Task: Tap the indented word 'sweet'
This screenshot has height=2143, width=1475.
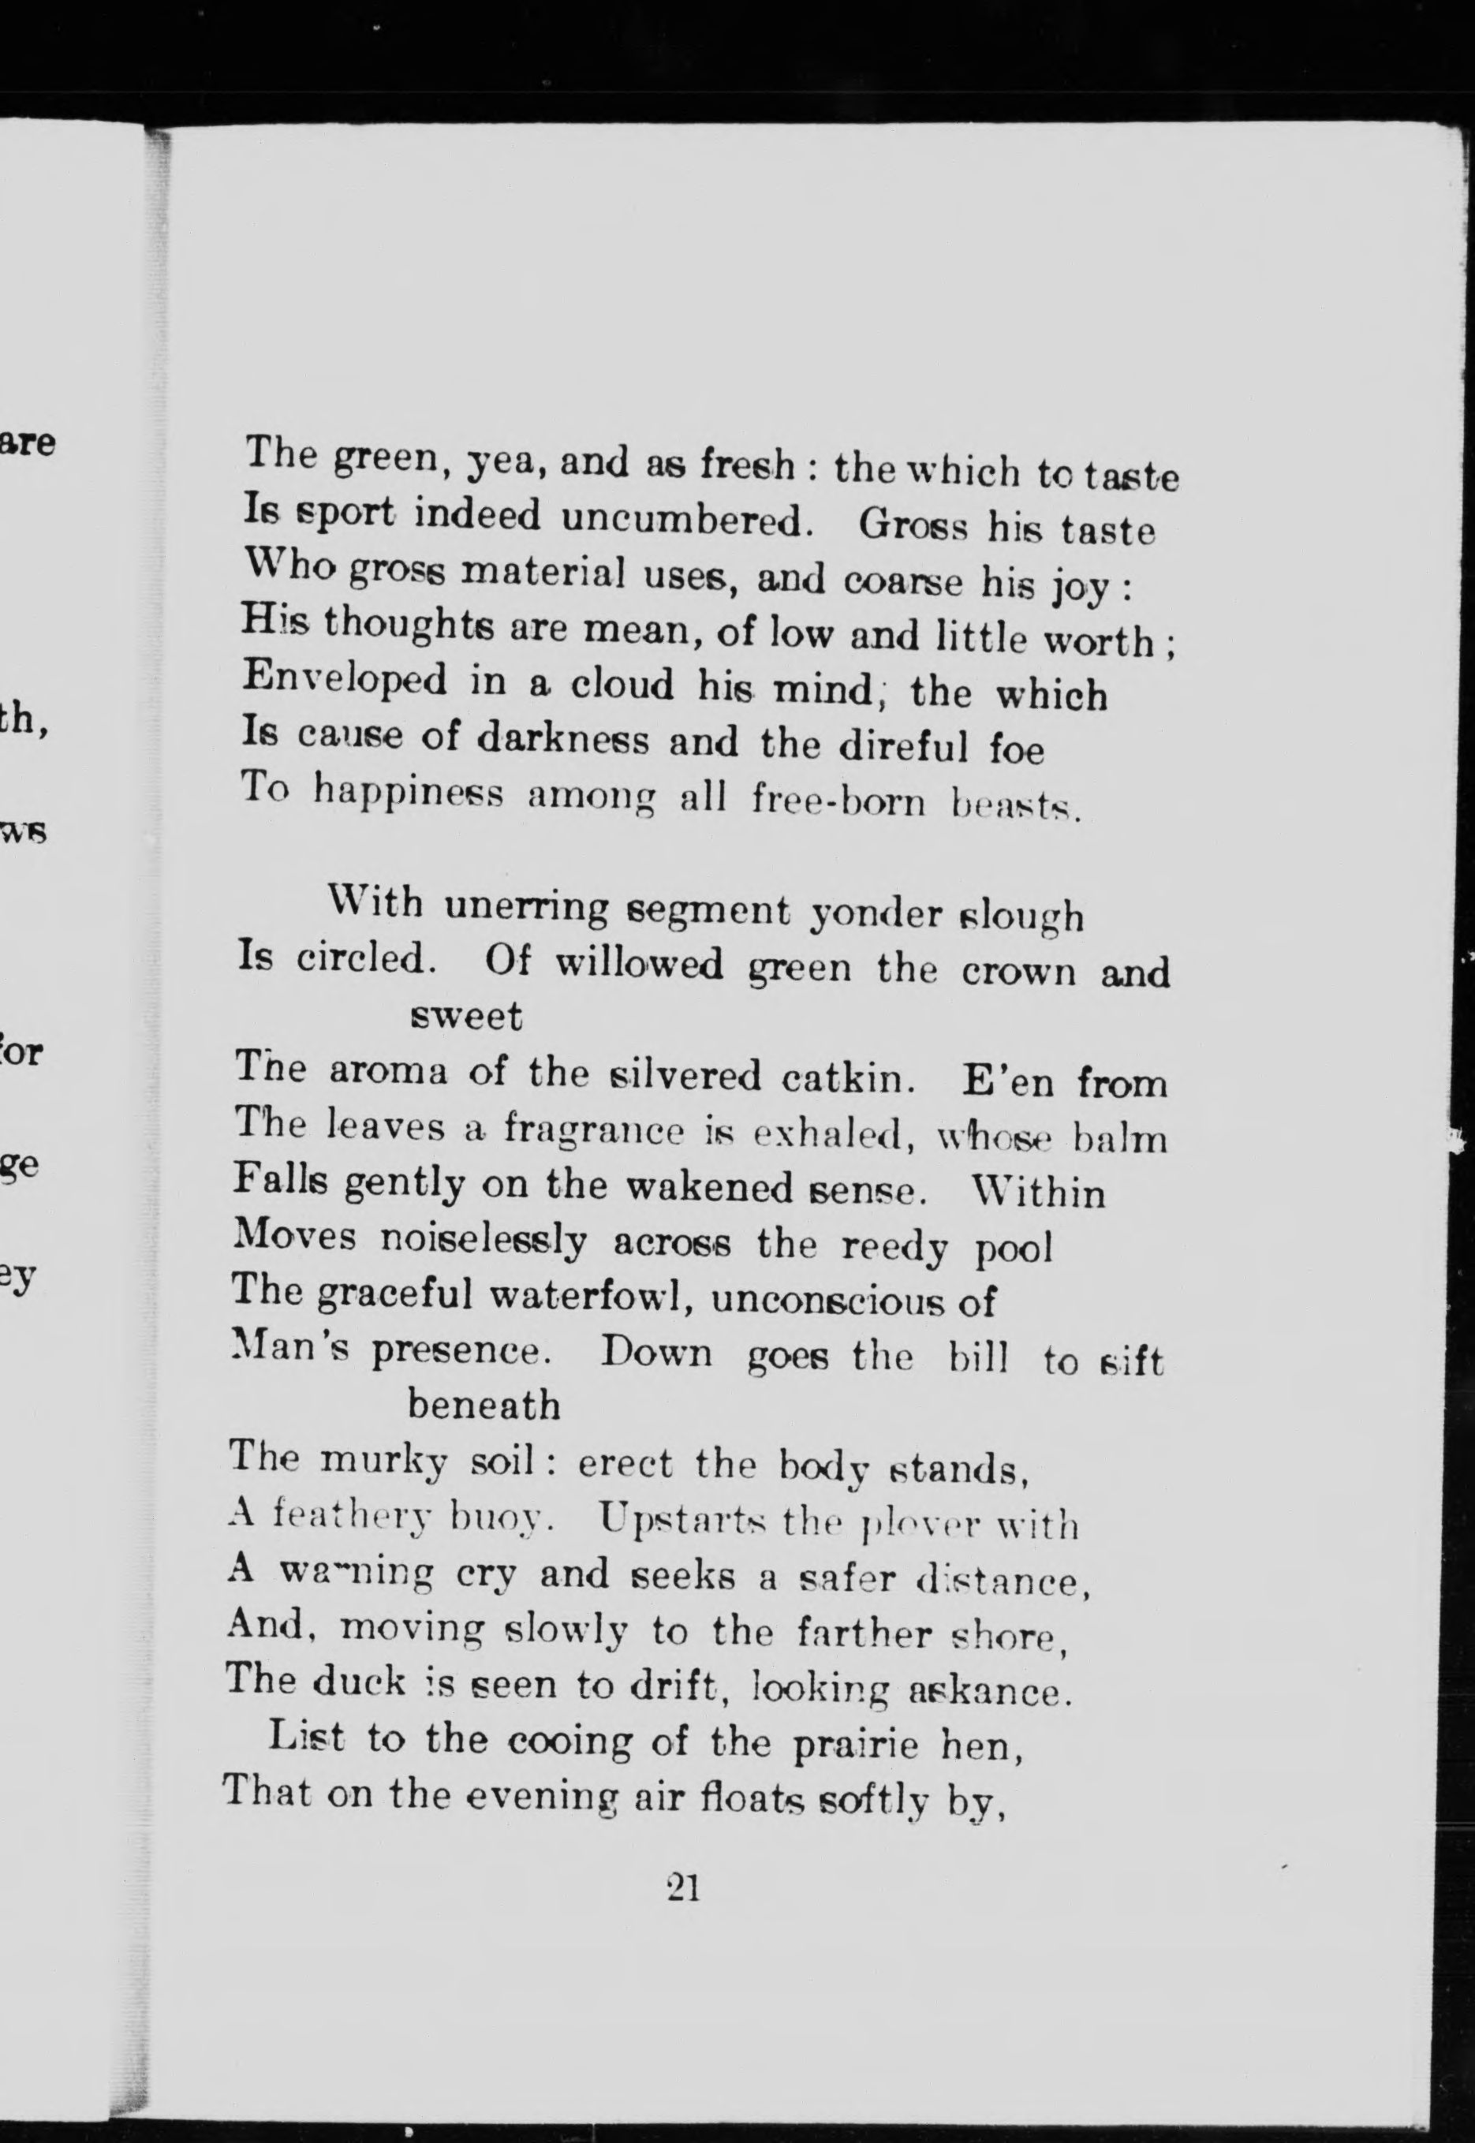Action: click(x=465, y=1017)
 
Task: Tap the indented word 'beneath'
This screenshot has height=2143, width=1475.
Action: click(x=484, y=1406)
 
